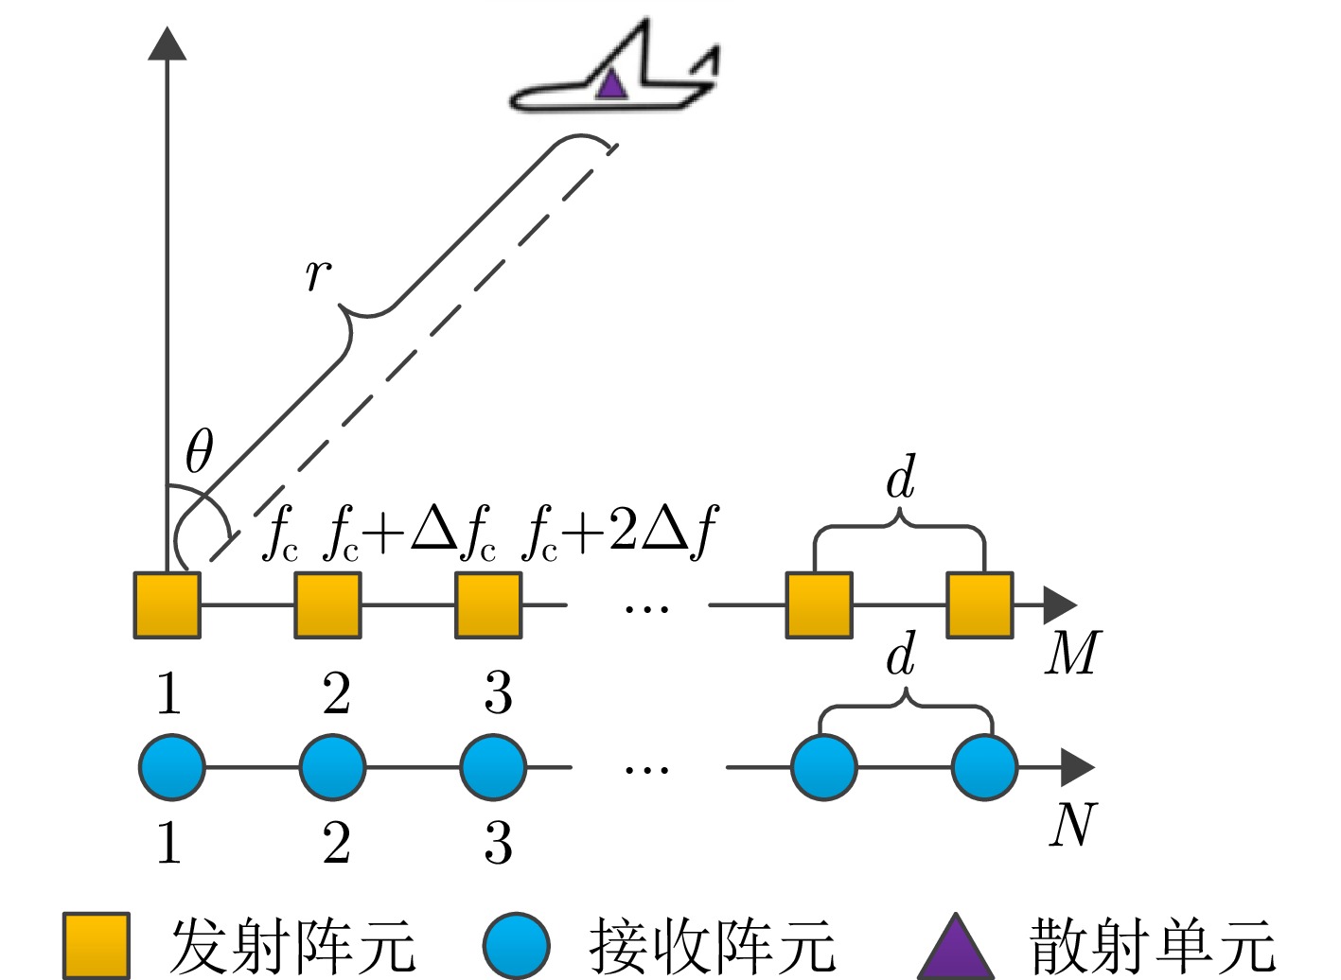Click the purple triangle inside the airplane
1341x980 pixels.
pos(611,85)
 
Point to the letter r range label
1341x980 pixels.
pos(318,273)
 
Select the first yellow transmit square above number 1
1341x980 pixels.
pos(167,604)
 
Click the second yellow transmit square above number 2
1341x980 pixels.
pos(327,604)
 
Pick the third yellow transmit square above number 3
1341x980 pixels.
pos(488,604)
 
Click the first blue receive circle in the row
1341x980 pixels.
pos(172,767)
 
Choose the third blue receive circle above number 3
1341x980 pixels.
pos(493,767)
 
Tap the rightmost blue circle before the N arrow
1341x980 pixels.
pos(985,767)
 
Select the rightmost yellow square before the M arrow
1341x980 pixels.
pos(979,604)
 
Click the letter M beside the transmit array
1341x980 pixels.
pos(1073,653)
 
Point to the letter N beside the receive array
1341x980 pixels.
pos(1073,824)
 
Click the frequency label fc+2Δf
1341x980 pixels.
pos(620,532)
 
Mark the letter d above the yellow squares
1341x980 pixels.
pos(901,477)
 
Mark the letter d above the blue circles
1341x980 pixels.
pos(901,654)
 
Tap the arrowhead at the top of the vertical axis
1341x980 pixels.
pos(168,44)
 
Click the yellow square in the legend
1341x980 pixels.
pos(96,945)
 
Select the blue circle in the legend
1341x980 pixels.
pos(517,945)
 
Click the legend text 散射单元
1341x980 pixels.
pos(1153,945)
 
